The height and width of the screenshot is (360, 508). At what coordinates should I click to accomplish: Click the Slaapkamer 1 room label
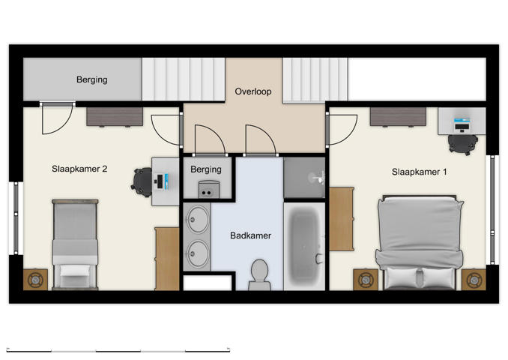tap(419, 172)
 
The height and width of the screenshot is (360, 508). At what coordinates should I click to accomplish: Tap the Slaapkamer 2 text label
tap(79, 169)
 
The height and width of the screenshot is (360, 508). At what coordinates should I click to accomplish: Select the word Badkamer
tap(250, 235)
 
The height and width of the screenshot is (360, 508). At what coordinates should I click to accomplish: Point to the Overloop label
tap(253, 92)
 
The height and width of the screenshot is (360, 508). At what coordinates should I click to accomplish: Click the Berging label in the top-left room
tap(91, 79)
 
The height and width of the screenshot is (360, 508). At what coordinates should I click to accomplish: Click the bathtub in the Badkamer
tap(304, 244)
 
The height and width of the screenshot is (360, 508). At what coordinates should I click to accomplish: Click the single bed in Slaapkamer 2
tap(74, 244)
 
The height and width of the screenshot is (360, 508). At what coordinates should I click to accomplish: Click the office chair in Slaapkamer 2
tap(142, 180)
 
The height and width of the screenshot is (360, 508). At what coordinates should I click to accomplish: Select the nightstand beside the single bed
tap(35, 279)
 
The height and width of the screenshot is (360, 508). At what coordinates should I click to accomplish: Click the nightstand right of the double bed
tap(473, 279)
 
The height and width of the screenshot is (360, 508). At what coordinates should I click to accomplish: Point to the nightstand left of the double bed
tap(365, 279)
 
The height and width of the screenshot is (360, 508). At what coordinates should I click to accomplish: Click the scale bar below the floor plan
tap(118, 349)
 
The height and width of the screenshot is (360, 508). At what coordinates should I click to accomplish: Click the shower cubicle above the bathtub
tap(303, 178)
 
